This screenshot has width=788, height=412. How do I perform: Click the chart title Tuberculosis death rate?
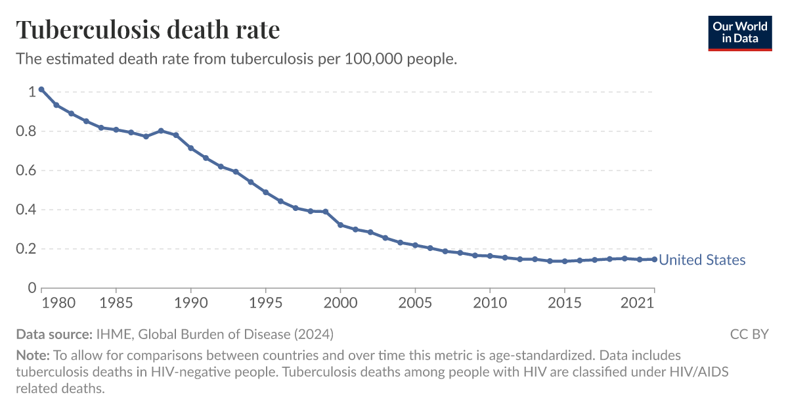click(148, 30)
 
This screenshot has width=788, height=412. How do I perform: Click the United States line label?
click(702, 260)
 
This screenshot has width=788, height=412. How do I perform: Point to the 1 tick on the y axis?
click(31, 92)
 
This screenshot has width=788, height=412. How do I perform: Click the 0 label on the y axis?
click(31, 288)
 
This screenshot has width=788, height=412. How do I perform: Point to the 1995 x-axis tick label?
click(265, 303)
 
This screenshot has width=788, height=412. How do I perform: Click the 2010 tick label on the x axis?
click(490, 303)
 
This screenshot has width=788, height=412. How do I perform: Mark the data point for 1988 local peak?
click(161, 131)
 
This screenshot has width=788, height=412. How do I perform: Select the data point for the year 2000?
click(340, 225)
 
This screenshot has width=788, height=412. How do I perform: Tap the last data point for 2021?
click(654, 259)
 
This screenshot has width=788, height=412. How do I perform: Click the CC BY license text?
click(749, 334)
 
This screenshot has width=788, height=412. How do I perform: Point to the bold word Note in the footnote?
click(32, 355)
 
